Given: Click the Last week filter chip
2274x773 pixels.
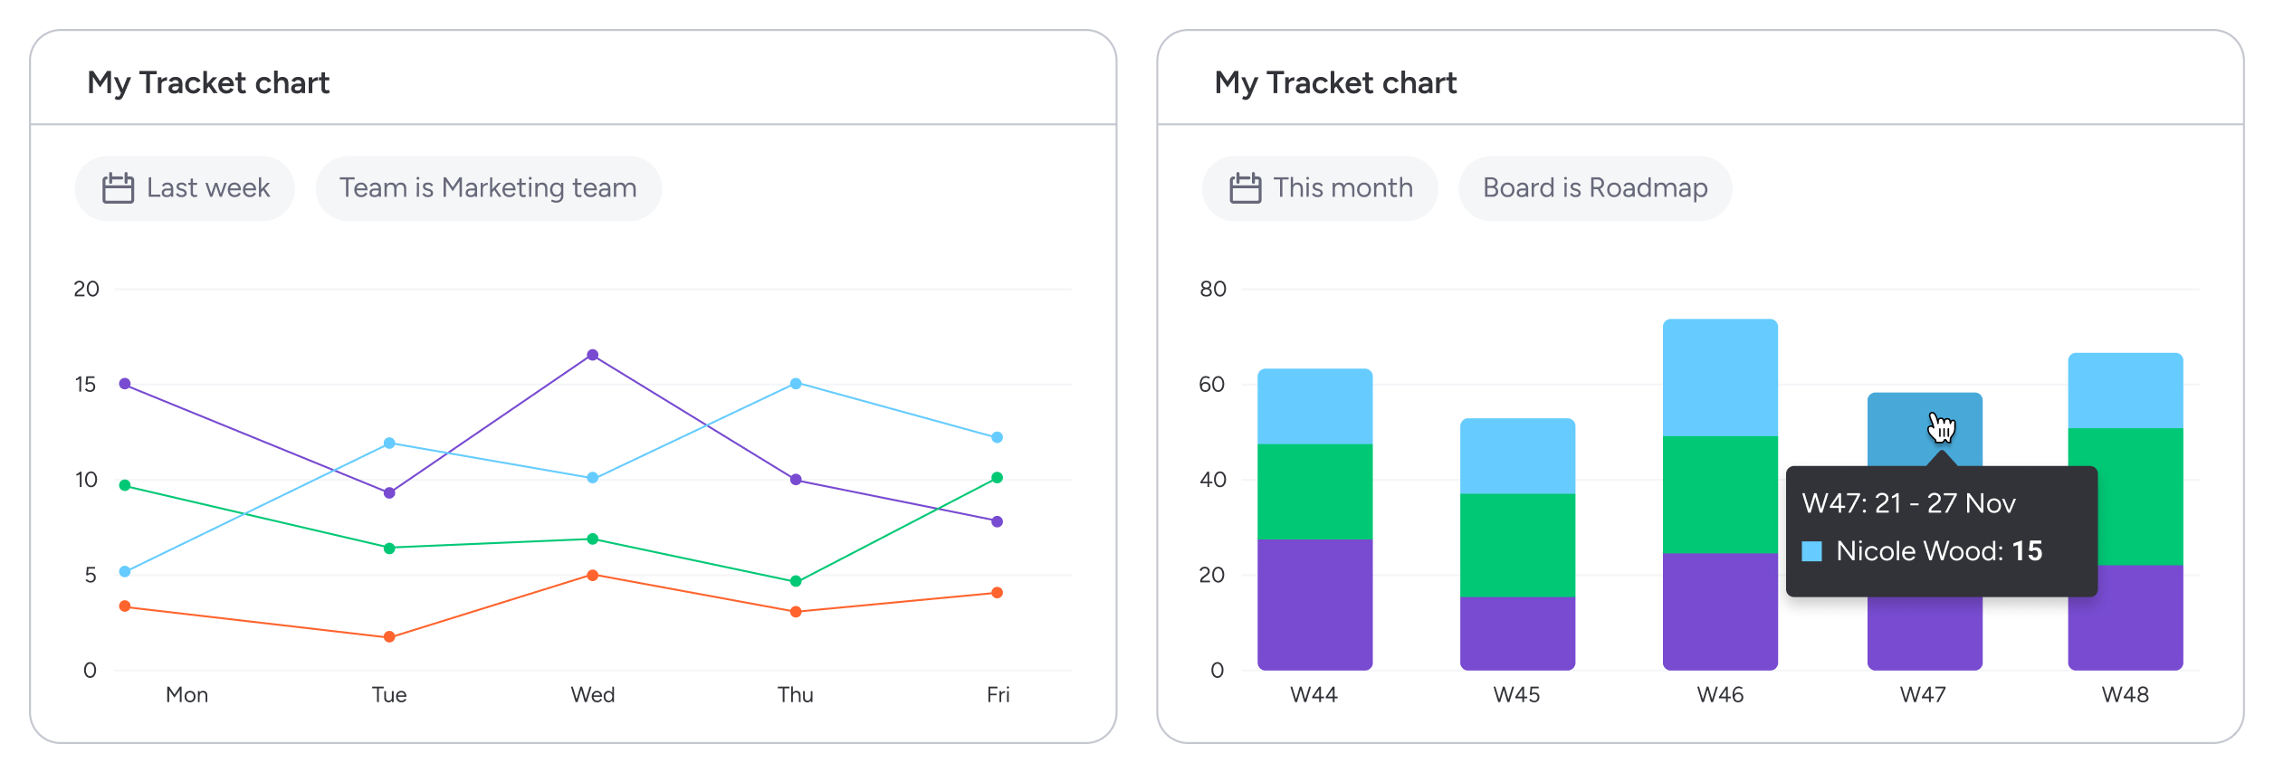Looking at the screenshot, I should (185, 188).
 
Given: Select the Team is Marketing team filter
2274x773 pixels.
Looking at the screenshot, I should (488, 188).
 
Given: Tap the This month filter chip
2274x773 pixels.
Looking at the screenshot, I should (1320, 188).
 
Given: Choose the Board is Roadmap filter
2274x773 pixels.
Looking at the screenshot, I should (1594, 188).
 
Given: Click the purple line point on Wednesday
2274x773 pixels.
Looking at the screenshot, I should (592, 355).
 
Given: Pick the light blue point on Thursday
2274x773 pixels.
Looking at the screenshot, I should (796, 384).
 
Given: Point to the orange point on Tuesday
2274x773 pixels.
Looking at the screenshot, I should (389, 637).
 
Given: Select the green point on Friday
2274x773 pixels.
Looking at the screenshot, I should (997, 478).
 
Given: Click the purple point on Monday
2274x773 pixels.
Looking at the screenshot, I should (125, 384).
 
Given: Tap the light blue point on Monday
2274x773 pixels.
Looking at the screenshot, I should (125, 572).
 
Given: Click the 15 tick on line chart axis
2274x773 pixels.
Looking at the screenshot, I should (85, 385).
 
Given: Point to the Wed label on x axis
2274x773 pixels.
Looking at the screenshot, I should (592, 695).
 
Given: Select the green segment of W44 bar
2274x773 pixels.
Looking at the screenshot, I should (1314, 491).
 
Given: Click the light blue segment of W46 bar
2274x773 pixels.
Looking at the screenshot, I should (1720, 377).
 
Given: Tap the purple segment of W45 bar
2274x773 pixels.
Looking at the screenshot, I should (1517, 633).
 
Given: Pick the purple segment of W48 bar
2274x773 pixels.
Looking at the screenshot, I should (2126, 617).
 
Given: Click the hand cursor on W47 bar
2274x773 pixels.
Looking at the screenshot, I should (1941, 427).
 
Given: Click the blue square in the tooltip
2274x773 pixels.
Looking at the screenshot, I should (1811, 551).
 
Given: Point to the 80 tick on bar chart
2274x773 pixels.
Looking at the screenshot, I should (1212, 290).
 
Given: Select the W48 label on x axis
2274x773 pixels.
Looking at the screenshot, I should (2125, 695).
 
